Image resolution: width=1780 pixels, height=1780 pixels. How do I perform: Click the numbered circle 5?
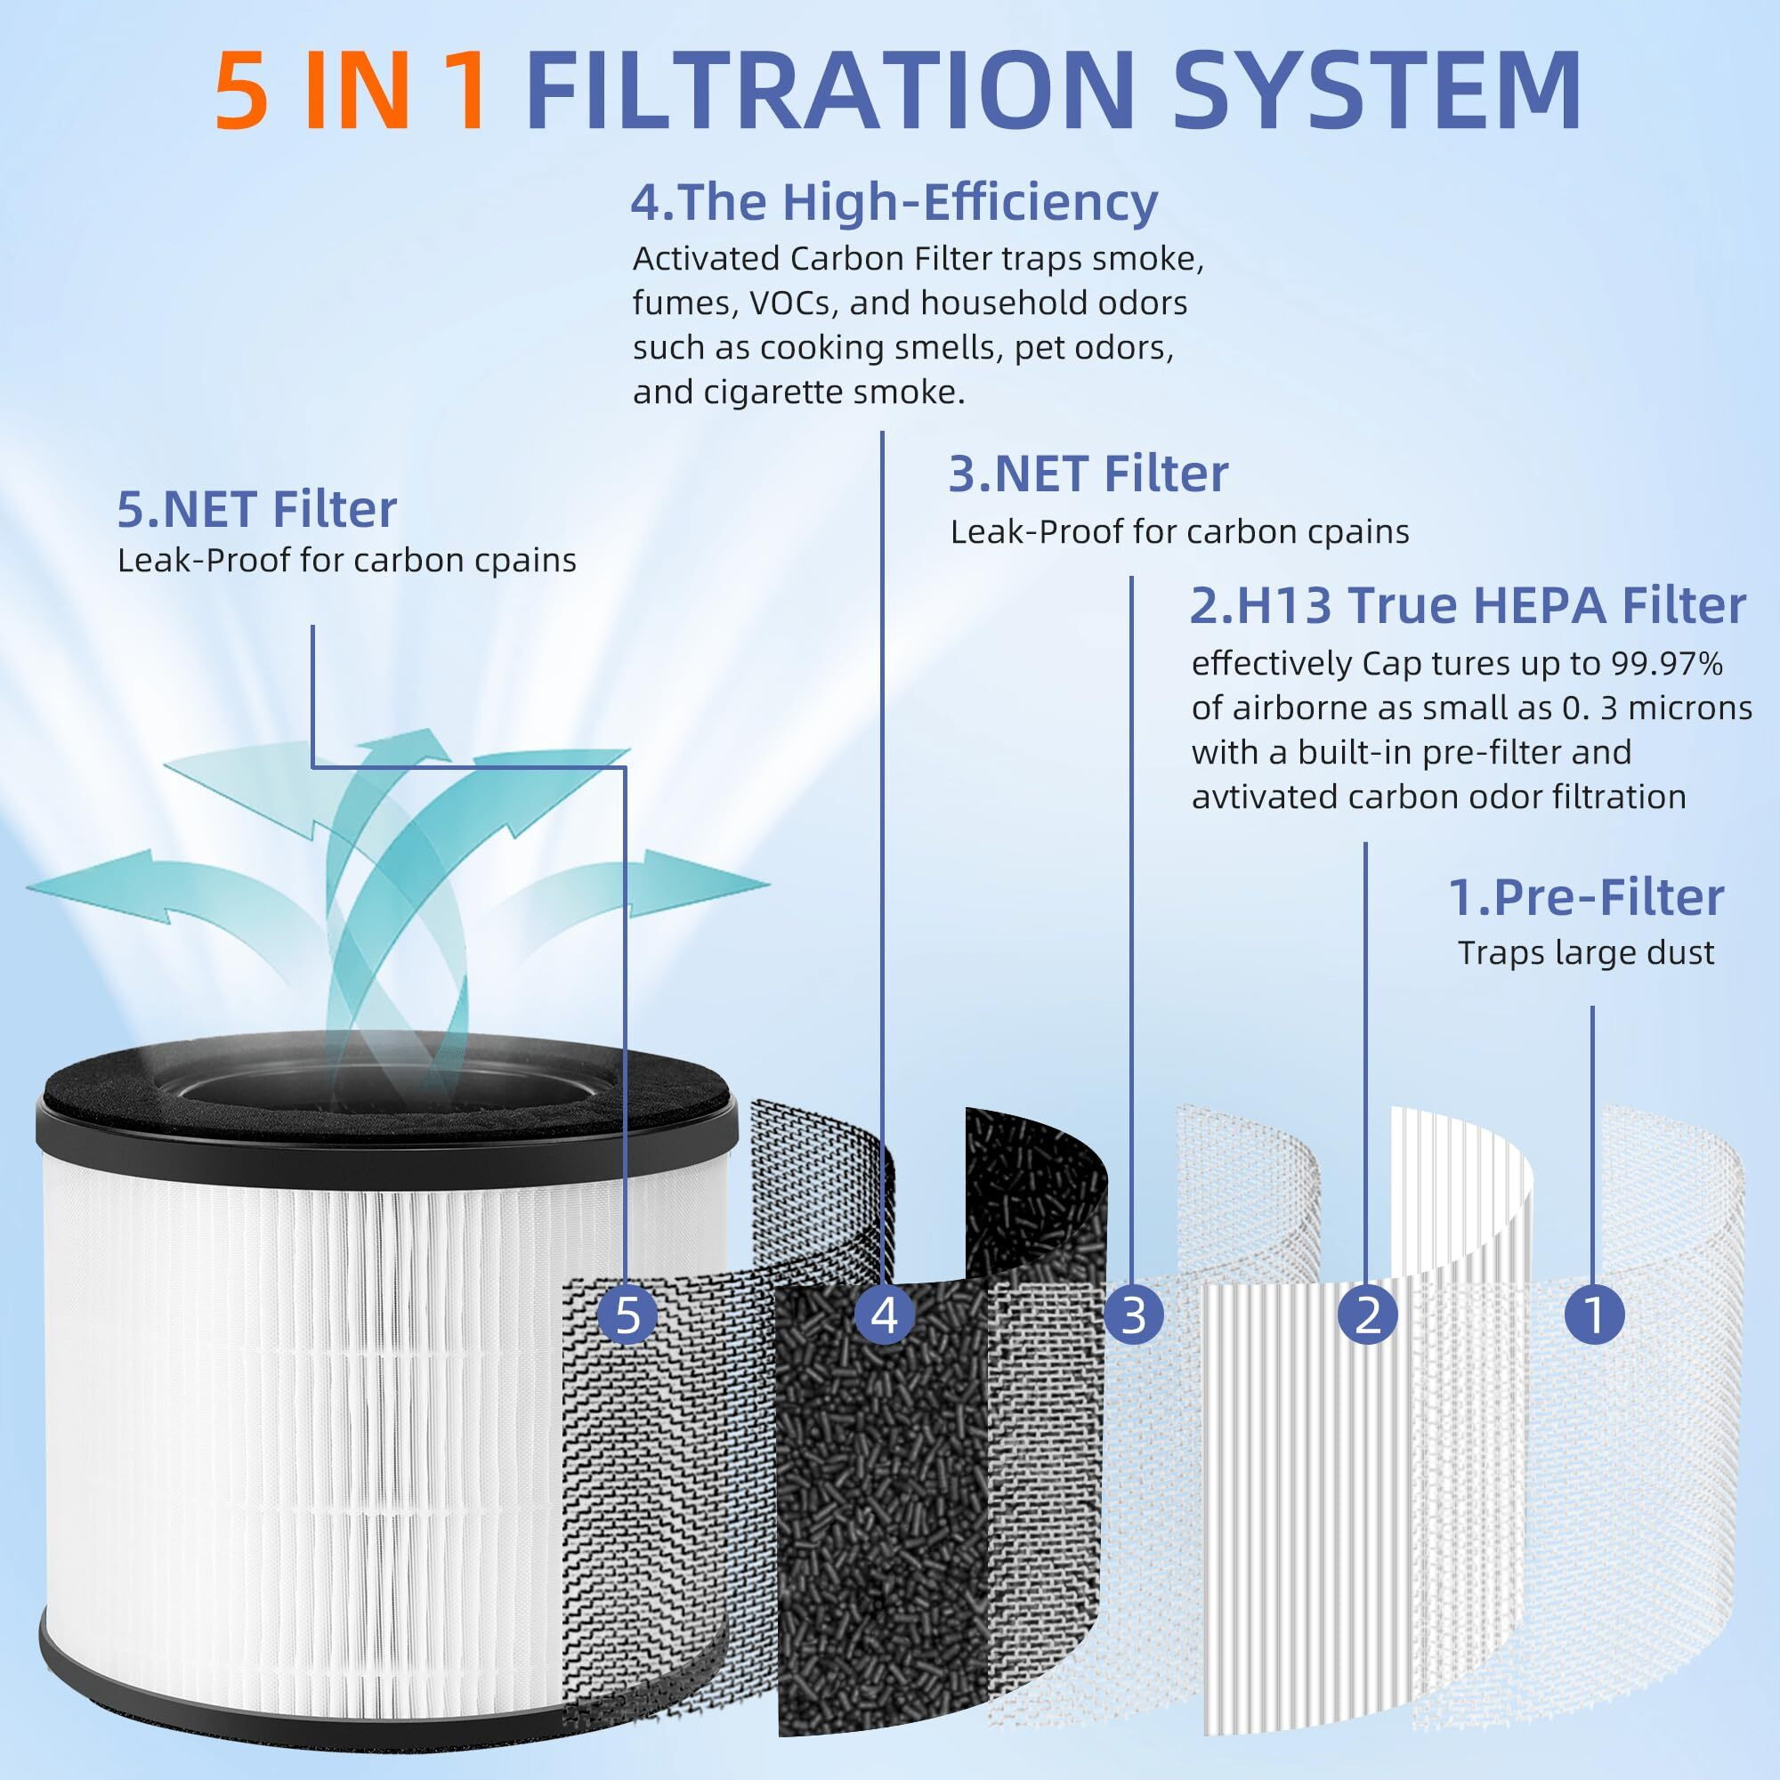point(627,1315)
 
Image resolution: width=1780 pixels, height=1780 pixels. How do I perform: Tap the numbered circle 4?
point(884,1315)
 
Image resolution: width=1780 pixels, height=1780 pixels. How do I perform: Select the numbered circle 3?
point(1133,1315)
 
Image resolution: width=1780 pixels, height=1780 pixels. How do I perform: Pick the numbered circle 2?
point(1367,1315)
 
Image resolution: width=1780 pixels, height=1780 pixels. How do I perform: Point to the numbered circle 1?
point(1594,1315)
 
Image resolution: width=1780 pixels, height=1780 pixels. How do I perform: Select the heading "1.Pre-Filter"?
point(1586,897)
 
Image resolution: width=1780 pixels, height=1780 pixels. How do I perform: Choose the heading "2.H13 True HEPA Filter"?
point(1468,605)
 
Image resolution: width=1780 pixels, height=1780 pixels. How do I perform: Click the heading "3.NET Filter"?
point(1088,473)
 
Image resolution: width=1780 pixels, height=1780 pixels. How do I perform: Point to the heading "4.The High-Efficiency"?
point(894,203)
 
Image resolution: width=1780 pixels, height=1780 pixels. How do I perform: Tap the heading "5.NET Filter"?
point(257,508)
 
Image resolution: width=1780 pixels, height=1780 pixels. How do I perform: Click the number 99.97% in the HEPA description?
point(1667,664)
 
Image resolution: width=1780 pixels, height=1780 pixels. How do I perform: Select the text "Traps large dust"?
point(1586,952)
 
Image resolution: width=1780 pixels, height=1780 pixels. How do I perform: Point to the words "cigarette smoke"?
point(834,393)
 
